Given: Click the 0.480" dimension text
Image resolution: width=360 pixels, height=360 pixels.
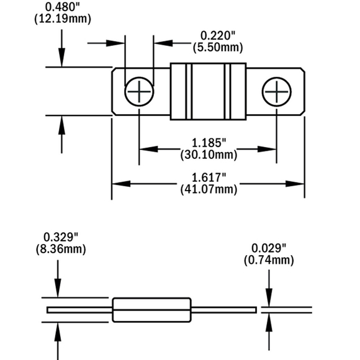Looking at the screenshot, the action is [x=63, y=7].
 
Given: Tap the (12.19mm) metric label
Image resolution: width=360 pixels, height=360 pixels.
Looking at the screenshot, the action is [x=63, y=19].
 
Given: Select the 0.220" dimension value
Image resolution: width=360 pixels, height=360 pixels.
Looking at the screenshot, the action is [x=218, y=36].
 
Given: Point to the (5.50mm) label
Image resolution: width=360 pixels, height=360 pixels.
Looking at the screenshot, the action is [x=218, y=48].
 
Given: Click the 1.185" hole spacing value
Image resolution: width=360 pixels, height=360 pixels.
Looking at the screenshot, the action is [x=209, y=143].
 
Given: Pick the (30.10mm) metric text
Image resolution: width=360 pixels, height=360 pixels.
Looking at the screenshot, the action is [x=209, y=155].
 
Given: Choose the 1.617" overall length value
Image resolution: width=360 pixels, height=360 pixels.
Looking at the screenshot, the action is [x=209, y=178].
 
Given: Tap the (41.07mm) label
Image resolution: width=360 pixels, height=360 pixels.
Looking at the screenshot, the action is [x=209, y=189].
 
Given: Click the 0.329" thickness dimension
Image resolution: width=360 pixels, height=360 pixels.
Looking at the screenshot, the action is [x=61, y=237].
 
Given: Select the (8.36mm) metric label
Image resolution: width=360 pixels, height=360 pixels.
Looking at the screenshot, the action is [x=61, y=249].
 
